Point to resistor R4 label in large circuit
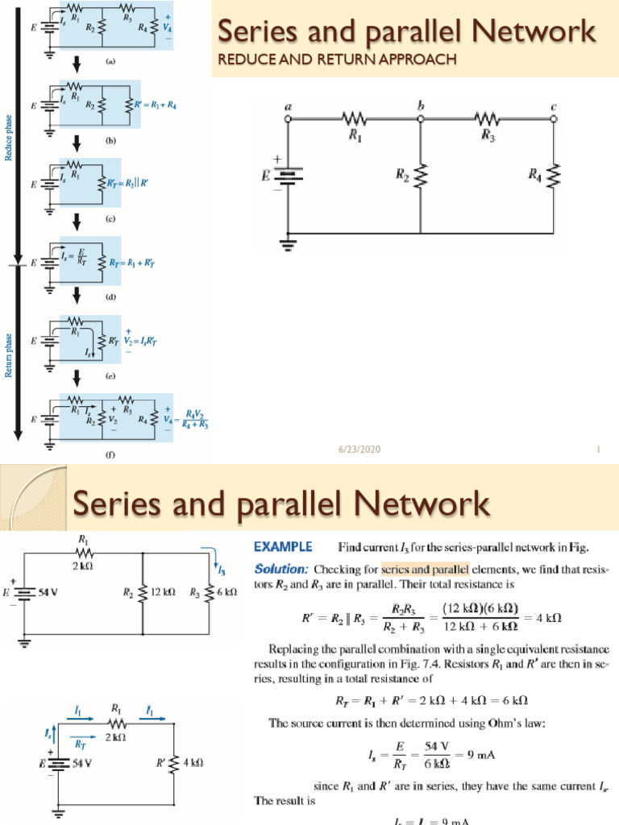tap(534, 174)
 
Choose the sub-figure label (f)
tap(110, 454)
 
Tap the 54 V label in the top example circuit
tap(50, 592)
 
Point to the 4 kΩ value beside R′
tap(193, 761)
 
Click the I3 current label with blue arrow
tap(220, 569)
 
